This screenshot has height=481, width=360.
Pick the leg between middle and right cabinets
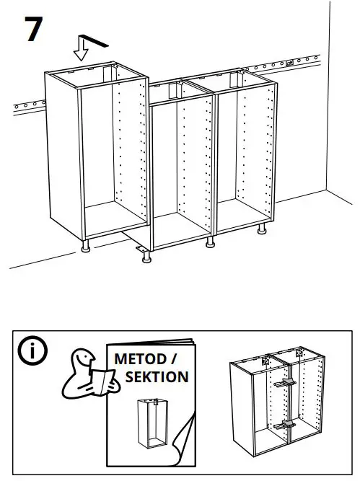(x=211, y=242)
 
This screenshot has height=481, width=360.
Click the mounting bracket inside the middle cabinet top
(x=173, y=89)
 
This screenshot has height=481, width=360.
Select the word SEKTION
(x=157, y=376)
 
